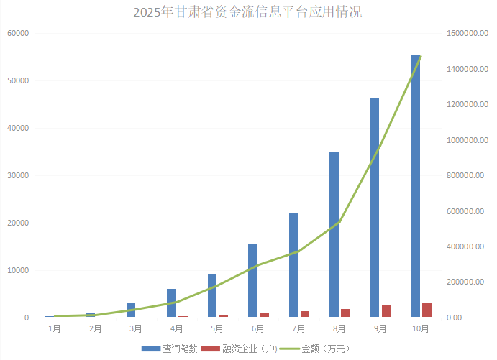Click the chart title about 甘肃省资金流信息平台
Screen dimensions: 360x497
[248, 12]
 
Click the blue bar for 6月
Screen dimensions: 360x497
[252, 280]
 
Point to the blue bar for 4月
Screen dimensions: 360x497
[171, 303]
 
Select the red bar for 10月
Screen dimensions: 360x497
[427, 310]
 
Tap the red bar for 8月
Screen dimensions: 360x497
[346, 313]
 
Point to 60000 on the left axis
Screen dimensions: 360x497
[17, 33]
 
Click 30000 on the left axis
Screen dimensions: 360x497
[17, 175]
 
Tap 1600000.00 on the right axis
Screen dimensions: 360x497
[467, 33]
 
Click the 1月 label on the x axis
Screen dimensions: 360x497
[54, 328]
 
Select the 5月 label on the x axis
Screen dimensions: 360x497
[217, 328]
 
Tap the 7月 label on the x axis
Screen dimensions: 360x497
[298, 328]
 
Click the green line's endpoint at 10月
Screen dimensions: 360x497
[421, 55]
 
